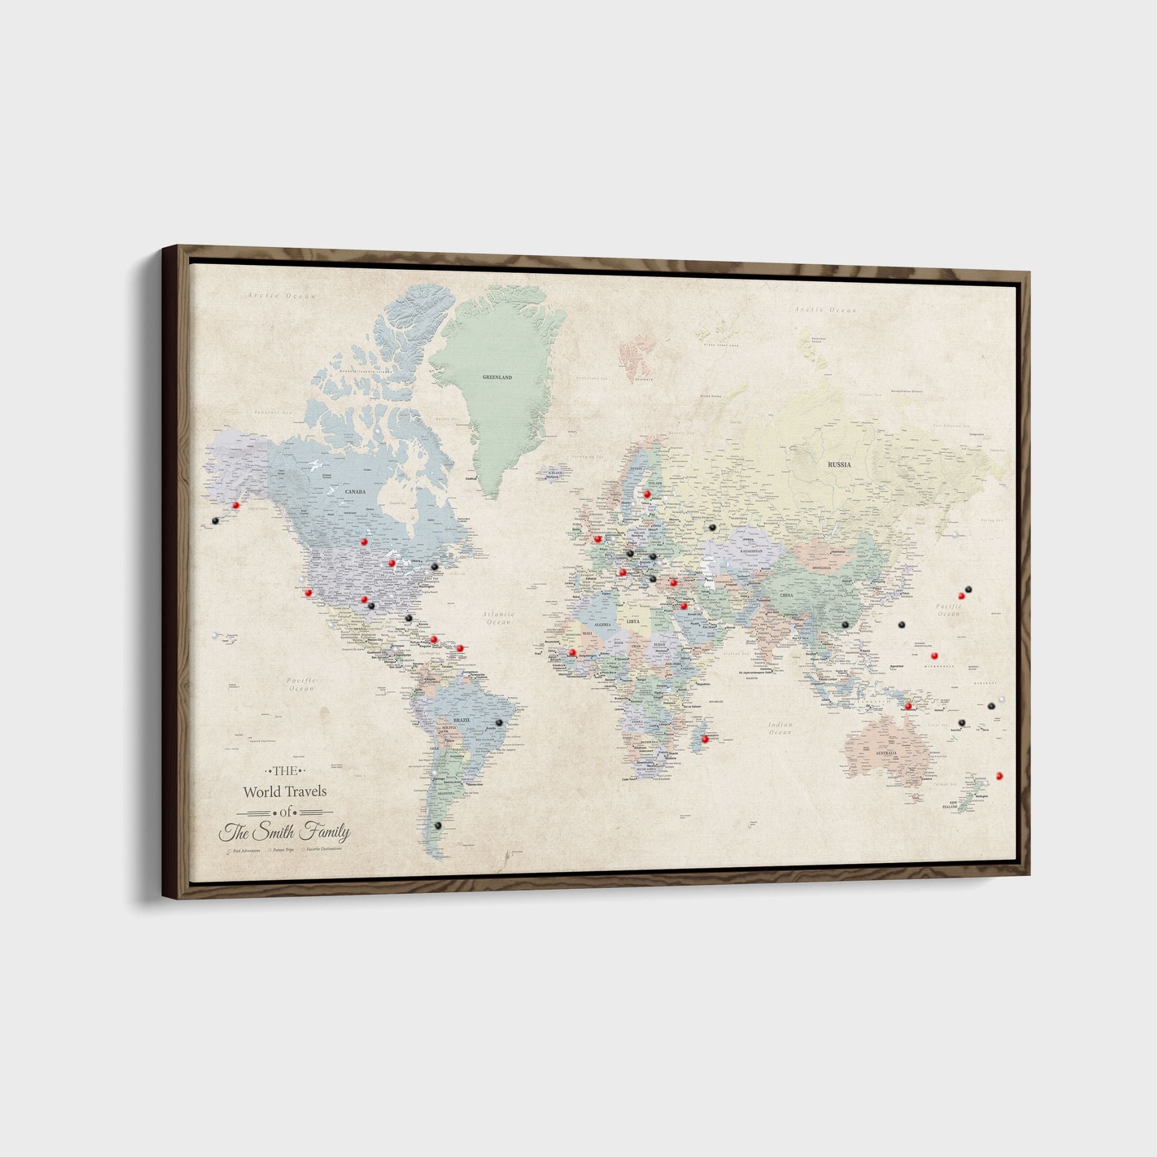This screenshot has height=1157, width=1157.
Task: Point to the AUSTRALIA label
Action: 886,753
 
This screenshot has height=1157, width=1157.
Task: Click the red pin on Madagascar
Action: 705,739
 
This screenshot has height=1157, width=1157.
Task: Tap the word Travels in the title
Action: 304,792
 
